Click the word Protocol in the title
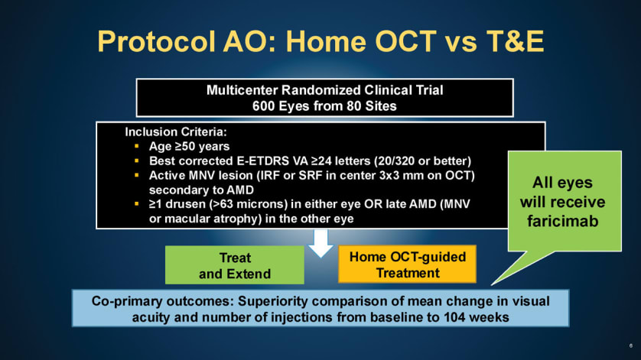point(156,42)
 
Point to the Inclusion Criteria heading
point(176,132)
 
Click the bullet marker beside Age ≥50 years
point(137,146)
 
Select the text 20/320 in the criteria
point(399,161)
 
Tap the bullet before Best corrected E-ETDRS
point(137,161)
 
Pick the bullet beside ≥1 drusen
point(137,204)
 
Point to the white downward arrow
point(320,243)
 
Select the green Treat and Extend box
point(235,264)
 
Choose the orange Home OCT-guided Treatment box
point(407,264)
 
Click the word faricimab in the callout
point(562,221)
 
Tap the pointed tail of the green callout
point(492,284)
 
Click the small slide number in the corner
point(631,345)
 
